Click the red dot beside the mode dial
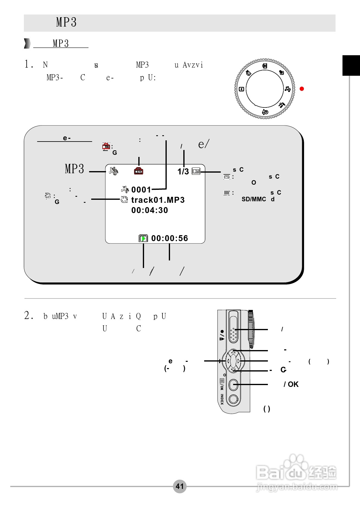301,89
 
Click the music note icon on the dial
288,89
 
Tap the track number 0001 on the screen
141,190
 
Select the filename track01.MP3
158,200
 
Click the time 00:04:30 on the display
149,210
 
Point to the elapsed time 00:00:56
169,238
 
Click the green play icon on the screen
143,238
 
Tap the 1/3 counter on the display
183,172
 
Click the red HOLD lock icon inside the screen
139,171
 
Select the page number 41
180,486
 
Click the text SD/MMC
254,199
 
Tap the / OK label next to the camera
291,384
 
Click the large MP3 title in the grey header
66,22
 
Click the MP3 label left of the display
74,169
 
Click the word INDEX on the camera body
222,399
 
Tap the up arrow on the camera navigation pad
233,352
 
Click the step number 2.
27,316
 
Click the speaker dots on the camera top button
233,334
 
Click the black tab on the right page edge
351,65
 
